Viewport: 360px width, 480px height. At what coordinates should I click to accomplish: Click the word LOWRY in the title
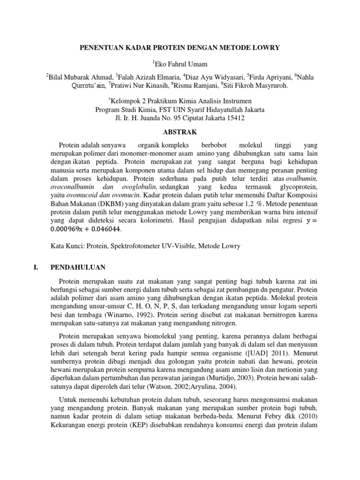pos(266,47)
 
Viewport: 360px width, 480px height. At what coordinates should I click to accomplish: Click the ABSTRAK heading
pos(180,132)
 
